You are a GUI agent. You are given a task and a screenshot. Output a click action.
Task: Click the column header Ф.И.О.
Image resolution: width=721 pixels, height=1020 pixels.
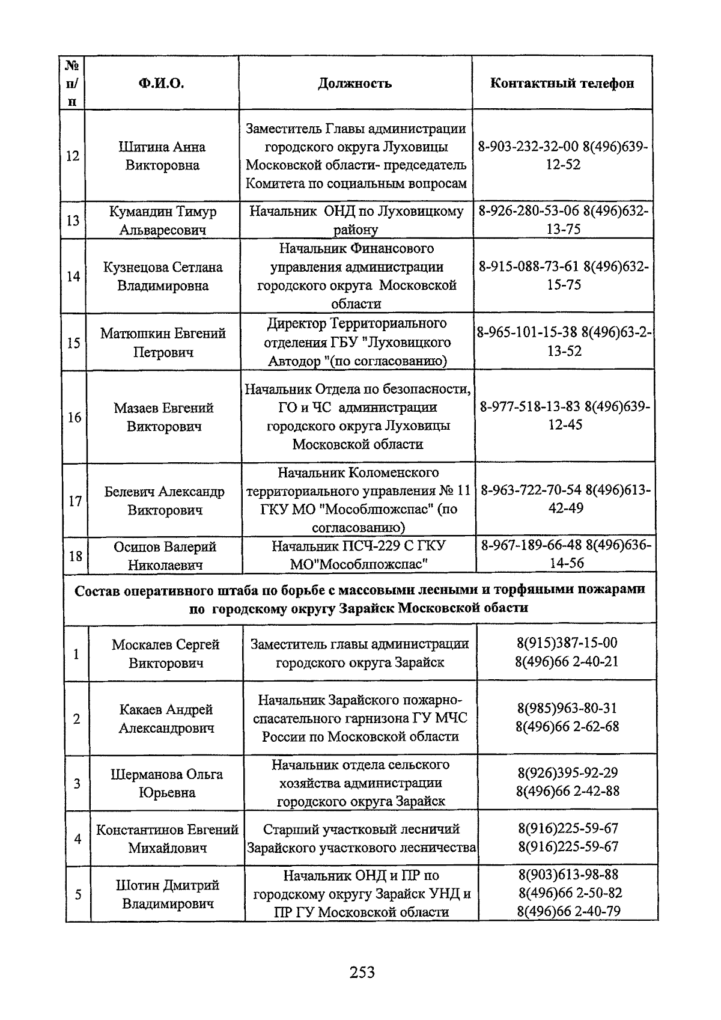[161, 84]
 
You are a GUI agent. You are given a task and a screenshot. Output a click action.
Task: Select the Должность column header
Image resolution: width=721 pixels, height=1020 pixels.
[354, 84]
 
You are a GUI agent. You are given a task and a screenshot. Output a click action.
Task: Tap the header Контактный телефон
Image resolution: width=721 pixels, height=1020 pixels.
[562, 84]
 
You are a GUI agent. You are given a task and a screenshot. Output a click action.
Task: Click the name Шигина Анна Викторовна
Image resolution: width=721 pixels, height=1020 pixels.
[162, 156]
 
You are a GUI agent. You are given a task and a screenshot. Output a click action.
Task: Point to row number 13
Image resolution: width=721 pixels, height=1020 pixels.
[73, 221]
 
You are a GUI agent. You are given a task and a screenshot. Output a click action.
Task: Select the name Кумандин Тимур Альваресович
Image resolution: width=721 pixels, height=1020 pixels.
[162, 221]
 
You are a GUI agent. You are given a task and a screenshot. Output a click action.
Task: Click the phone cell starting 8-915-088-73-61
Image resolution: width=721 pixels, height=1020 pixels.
[564, 276]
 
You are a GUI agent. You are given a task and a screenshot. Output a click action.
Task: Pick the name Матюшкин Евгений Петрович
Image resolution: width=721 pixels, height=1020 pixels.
[163, 343]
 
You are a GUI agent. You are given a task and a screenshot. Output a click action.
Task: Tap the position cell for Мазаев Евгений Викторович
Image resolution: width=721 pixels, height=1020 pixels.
[357, 417]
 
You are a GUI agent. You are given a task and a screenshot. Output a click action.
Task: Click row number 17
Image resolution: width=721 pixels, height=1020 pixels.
[75, 501]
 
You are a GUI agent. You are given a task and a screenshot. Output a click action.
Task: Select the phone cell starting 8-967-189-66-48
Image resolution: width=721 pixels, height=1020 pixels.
[566, 554]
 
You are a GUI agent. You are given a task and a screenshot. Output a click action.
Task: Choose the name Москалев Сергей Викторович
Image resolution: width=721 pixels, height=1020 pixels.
[166, 653]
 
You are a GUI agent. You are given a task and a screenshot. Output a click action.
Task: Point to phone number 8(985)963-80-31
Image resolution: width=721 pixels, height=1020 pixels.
[567, 708]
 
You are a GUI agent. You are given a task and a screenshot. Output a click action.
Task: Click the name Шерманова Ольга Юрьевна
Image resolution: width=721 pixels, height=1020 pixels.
[166, 783]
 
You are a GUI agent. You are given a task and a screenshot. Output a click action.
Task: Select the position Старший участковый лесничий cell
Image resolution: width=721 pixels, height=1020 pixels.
[361, 838]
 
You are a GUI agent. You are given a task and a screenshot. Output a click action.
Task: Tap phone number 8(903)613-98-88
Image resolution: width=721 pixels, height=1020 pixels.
[568, 875]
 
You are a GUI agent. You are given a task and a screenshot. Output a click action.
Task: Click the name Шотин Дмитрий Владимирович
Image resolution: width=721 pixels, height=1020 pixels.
[168, 894]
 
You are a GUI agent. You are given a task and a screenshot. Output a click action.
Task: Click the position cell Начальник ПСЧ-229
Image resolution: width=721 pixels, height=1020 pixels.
[359, 555]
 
